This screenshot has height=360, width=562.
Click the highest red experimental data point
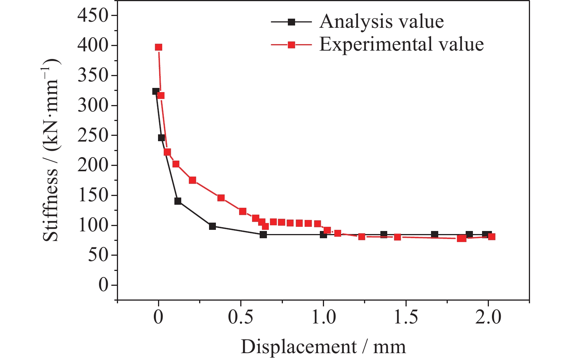coord(158,47)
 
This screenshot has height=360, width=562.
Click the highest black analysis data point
coord(156,91)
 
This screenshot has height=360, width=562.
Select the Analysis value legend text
coord(382,22)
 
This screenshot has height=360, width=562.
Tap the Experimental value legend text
coord(401,45)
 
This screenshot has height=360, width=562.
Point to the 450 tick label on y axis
coord(93,16)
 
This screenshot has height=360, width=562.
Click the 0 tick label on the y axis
coord(103,285)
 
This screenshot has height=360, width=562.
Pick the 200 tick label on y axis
coord(93,166)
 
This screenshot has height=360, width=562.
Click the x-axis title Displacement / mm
coord(323,347)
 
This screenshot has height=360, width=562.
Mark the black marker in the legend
coord(291,22)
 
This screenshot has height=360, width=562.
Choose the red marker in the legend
coord(291,45)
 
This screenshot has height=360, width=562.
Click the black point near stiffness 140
coord(178,201)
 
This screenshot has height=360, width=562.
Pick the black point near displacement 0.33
coord(212,226)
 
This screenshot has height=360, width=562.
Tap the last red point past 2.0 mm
coord(492,237)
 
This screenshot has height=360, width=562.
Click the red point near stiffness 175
coord(192,180)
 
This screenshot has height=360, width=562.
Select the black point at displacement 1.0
coord(323,235)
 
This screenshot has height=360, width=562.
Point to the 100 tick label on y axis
coord(93,225)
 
